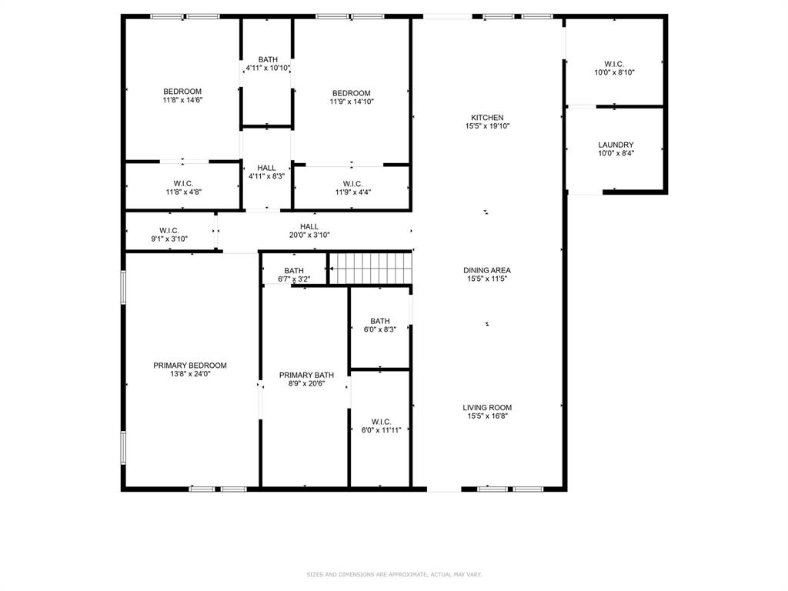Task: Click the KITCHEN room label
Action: click(487, 117)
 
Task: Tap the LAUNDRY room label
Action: click(616, 145)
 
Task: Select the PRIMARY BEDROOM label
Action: click(190, 366)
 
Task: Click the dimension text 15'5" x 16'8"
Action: click(487, 416)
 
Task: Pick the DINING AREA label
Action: click(487, 270)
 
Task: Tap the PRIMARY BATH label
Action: click(306, 375)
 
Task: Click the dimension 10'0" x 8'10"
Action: click(614, 72)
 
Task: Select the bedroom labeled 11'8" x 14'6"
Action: click(182, 95)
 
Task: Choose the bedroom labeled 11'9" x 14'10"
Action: click(352, 97)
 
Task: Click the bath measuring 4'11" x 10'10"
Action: click(268, 64)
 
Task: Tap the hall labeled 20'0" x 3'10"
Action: click(309, 231)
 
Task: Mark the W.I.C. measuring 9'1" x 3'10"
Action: click(169, 235)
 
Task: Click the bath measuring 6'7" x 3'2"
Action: click(294, 275)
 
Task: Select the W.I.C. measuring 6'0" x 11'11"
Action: click(381, 426)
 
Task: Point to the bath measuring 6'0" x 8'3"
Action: click(380, 326)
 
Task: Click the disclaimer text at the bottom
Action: click(394, 574)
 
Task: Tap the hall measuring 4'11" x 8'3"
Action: click(267, 172)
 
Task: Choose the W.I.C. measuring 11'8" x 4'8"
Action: click(183, 187)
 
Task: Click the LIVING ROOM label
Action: click(487, 408)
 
